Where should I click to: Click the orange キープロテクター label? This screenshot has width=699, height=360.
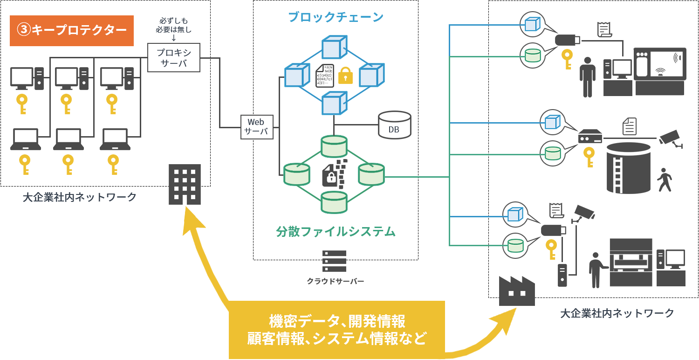click(x=72, y=31)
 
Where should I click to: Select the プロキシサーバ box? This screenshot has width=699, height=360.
click(x=174, y=57)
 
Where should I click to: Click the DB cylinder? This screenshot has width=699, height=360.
click(x=394, y=125)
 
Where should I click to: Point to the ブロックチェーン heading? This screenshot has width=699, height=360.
click(x=336, y=17)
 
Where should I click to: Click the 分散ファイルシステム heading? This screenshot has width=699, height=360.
click(x=336, y=231)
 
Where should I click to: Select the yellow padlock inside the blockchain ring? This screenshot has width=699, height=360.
click(x=345, y=76)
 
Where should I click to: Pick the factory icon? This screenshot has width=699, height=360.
click(x=517, y=291)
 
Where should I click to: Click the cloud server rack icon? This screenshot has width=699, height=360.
click(x=334, y=261)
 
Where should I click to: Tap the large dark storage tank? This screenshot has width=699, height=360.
click(x=628, y=168)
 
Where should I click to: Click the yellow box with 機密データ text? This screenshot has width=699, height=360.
click(x=336, y=329)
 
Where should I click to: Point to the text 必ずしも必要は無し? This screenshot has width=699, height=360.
click(x=173, y=26)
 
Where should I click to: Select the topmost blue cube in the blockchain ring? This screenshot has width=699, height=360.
click(x=335, y=47)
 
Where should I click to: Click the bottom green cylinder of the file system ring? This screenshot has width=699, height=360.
click(x=334, y=201)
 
